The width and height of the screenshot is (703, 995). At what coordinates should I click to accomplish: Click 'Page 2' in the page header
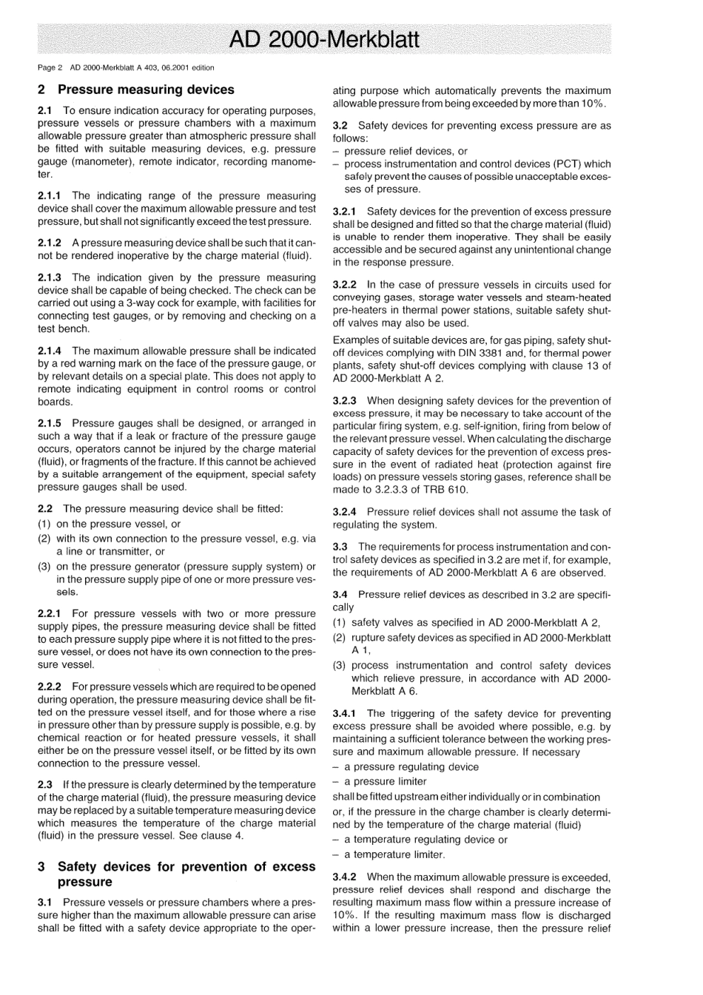pos(50,68)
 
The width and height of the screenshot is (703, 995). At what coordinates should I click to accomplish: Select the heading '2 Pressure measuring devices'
pos(135,90)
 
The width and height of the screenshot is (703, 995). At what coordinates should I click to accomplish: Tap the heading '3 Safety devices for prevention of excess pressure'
pos(176,874)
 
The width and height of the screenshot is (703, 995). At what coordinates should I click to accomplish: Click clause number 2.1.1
pos(52,196)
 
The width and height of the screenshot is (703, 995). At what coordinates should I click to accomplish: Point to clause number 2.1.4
pos(52,351)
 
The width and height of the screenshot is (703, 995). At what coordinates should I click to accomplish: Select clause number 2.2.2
pos(52,687)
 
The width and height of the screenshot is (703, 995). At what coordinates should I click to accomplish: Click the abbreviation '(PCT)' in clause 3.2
pos(567,164)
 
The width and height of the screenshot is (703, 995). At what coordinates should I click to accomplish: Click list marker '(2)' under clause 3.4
pos(340,637)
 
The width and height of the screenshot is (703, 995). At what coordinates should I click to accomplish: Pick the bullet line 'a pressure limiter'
pos(385,781)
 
